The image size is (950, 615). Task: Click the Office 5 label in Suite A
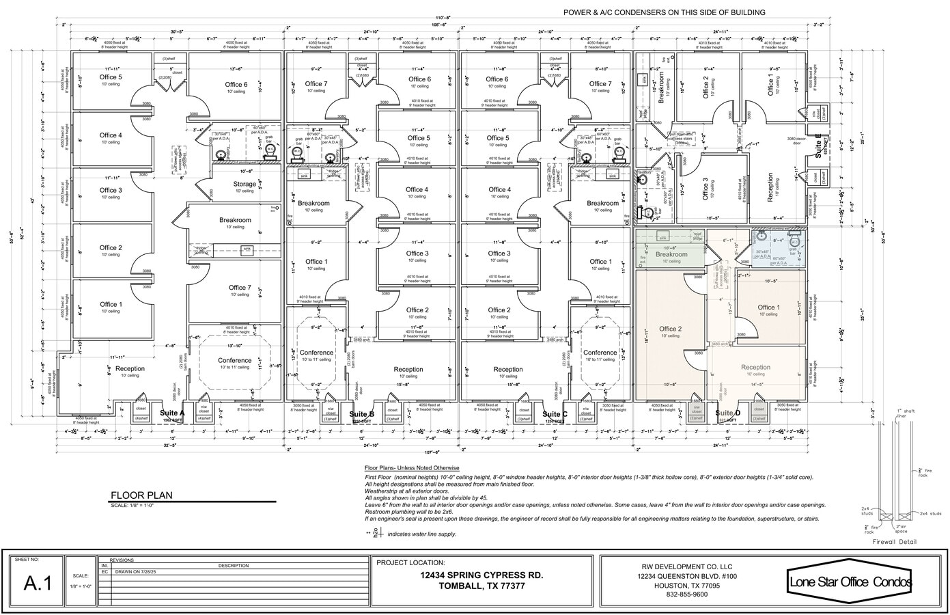click(x=110, y=77)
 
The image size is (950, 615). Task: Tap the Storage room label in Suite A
click(x=245, y=184)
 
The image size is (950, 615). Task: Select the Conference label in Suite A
click(x=234, y=360)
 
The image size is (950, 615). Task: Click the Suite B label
click(x=361, y=414)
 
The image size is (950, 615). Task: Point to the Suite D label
click(x=727, y=413)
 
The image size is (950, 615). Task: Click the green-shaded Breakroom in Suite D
click(x=671, y=254)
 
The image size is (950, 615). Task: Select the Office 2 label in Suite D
click(x=670, y=329)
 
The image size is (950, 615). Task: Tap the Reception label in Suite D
click(x=755, y=367)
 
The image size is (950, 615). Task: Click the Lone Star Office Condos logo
click(x=850, y=582)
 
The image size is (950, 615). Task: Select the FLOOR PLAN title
click(x=141, y=495)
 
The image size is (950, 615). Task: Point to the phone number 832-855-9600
click(x=688, y=594)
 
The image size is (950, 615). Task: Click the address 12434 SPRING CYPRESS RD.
click(x=481, y=575)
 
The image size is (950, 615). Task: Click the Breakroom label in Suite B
click(x=313, y=203)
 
